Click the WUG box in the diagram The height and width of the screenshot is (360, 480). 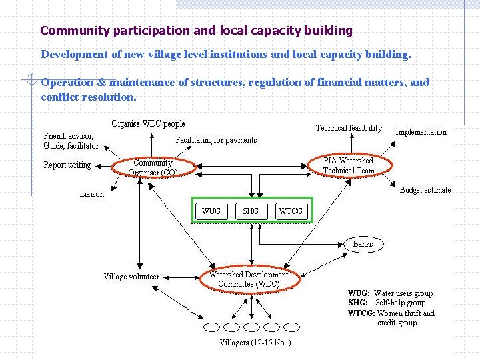(211, 211)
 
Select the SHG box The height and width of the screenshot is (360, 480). (251, 211)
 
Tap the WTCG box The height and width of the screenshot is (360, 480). (291, 211)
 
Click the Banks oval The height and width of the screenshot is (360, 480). (363, 244)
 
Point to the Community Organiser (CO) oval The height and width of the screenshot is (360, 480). (153, 167)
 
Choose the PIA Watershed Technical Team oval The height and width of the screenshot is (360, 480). (349, 165)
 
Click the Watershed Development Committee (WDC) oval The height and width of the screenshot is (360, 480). (249, 279)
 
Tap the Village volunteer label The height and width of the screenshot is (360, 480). (131, 277)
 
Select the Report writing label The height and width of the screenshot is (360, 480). (67, 165)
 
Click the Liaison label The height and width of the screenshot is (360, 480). (92, 194)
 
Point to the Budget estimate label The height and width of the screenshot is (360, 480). (425, 190)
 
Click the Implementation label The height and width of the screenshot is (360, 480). (421, 132)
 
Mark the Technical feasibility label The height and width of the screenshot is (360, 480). (349, 128)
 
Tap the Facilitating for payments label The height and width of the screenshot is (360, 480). (216, 140)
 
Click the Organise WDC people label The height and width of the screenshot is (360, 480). (148, 123)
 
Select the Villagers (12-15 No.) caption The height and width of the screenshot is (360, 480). (255, 343)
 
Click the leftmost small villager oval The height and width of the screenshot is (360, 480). (211, 327)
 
